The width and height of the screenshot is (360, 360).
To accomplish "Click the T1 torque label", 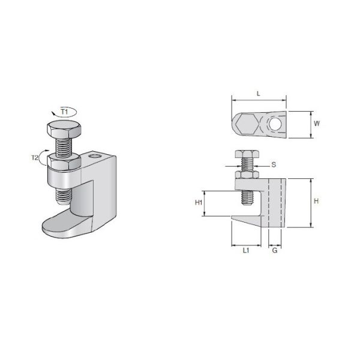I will point(64,112).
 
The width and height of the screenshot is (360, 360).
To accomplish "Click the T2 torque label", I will point(35,158).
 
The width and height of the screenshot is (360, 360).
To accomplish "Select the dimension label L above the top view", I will point(258,94).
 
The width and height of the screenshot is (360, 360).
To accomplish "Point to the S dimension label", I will point(274,164).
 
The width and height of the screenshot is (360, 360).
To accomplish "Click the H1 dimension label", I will point(198,203).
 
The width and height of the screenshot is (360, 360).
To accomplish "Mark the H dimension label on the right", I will point(316,202).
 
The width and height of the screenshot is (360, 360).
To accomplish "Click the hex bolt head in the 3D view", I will point(61,130).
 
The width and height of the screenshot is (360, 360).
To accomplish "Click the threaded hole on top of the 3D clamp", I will point(94,159).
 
